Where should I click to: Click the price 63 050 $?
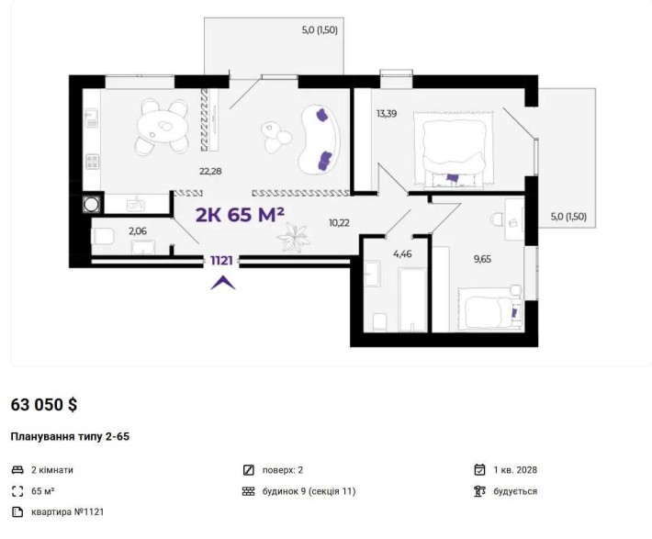pyautogui.click(x=44, y=405)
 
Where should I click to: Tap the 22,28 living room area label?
pyautogui.click(x=210, y=171)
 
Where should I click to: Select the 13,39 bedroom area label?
pyautogui.click(x=387, y=114)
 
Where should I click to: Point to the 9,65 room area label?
pyautogui.click(x=482, y=259)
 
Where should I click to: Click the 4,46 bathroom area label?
pyautogui.click(x=402, y=253)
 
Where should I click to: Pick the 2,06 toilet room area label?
pyautogui.click(x=138, y=230)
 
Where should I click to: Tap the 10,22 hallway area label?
pyautogui.click(x=339, y=223)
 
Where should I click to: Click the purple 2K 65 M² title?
pyautogui.click(x=240, y=215)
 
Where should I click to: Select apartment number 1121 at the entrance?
pyautogui.click(x=221, y=261)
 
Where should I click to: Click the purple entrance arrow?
pyautogui.click(x=223, y=283)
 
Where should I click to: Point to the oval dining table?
pyautogui.click(x=163, y=127)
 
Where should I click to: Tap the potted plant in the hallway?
pyautogui.click(x=294, y=237)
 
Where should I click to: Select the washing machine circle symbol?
pyautogui.click(x=91, y=204)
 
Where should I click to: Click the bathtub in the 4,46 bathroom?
pyautogui.click(x=412, y=299)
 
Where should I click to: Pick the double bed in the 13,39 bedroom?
pyautogui.click(x=454, y=149)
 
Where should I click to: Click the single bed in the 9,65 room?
pyautogui.click(x=489, y=309)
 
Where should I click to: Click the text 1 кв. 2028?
pyautogui.click(x=515, y=470)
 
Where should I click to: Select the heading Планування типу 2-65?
pyautogui.click(x=70, y=437)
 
